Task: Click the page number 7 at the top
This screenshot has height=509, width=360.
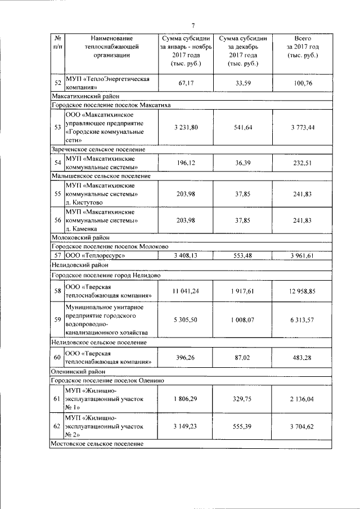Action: (x=193, y=25)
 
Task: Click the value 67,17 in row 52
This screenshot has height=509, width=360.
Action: (x=186, y=83)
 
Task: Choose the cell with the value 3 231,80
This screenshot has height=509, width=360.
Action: (x=186, y=128)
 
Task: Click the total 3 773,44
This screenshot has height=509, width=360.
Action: (x=302, y=128)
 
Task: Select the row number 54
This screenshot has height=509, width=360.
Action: (x=57, y=163)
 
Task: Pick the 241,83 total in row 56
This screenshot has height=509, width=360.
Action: (x=302, y=221)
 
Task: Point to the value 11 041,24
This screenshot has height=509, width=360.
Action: (x=186, y=290)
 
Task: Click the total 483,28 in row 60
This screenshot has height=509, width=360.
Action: (x=302, y=358)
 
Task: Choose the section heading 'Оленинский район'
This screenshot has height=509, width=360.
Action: (x=74, y=371)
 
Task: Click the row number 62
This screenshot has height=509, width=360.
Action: (x=57, y=427)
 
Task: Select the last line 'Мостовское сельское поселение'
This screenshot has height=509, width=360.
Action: (x=97, y=444)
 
